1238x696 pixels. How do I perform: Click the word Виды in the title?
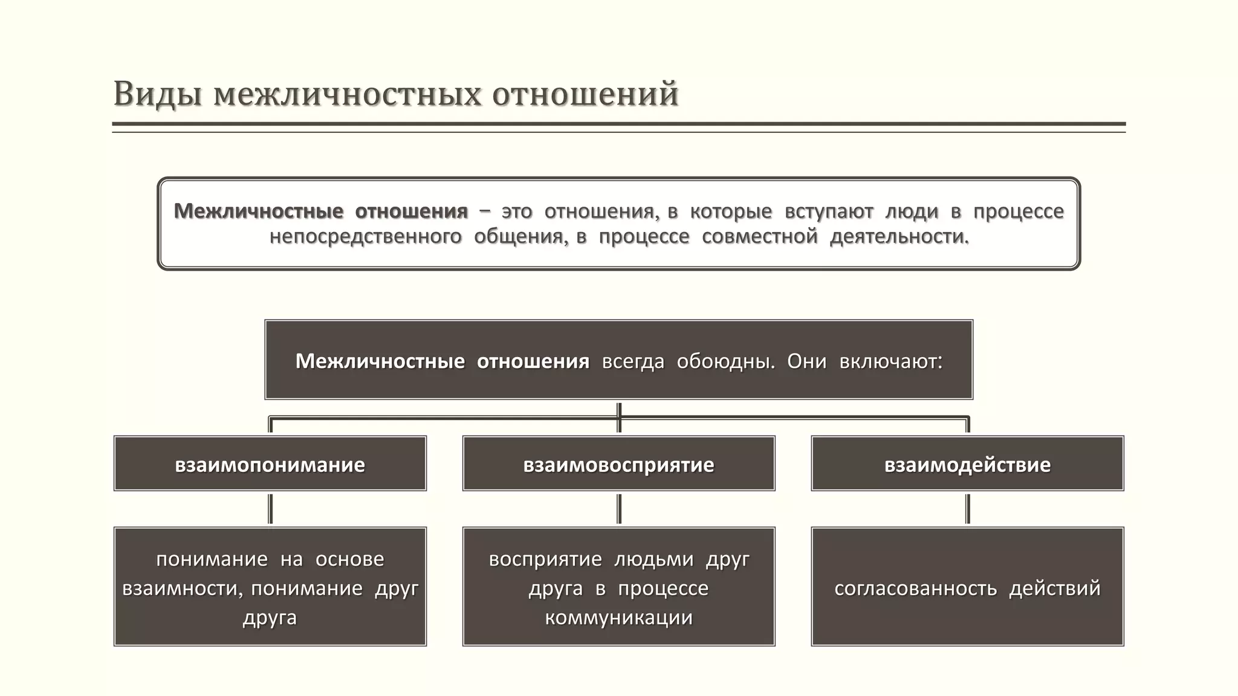pyautogui.click(x=157, y=95)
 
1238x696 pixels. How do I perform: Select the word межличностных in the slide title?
pyautogui.click(x=348, y=95)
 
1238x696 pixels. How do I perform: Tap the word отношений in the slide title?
pyautogui.click(x=585, y=95)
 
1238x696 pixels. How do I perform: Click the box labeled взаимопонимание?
pyautogui.click(x=270, y=464)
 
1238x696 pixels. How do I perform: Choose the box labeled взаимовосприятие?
pyautogui.click(x=618, y=464)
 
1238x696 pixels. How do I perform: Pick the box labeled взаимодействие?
pyautogui.click(x=967, y=464)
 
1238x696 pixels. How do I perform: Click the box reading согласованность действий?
pyautogui.click(x=967, y=587)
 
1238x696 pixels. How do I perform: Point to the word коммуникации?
pyautogui.click(x=618, y=617)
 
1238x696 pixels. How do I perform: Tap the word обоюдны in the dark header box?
pyautogui.click(x=725, y=361)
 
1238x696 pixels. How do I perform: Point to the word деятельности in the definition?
pyautogui.click(x=898, y=236)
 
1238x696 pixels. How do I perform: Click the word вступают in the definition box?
pyautogui.click(x=829, y=211)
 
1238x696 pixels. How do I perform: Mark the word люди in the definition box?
pyautogui.click(x=912, y=211)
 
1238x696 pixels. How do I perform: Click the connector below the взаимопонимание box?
pyautogui.click(x=270, y=509)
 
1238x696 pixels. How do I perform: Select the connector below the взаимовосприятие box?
pyautogui.click(x=619, y=509)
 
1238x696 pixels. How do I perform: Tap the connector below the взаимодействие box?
pyautogui.click(x=968, y=509)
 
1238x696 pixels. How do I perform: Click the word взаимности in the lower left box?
pyautogui.click(x=182, y=588)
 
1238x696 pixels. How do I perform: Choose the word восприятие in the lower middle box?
pyautogui.click(x=545, y=559)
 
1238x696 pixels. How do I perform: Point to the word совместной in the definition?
pyautogui.click(x=759, y=236)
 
